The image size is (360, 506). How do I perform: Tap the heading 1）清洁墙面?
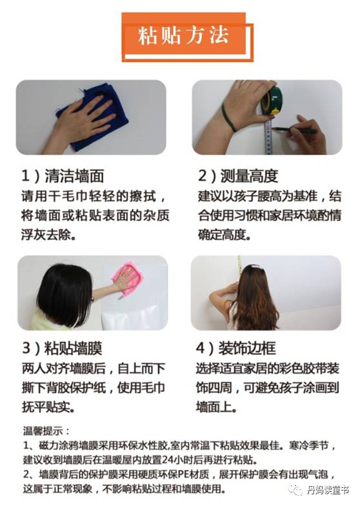click(x=63, y=176)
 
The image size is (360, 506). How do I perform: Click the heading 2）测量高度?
click(x=238, y=176)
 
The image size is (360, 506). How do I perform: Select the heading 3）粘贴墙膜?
click(x=62, y=348)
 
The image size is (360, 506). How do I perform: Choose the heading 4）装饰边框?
click(x=236, y=348)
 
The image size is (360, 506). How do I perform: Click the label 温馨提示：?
click(x=46, y=431)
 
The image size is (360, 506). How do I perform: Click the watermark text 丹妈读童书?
click(x=328, y=491)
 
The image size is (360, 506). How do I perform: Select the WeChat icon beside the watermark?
click(x=296, y=491)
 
